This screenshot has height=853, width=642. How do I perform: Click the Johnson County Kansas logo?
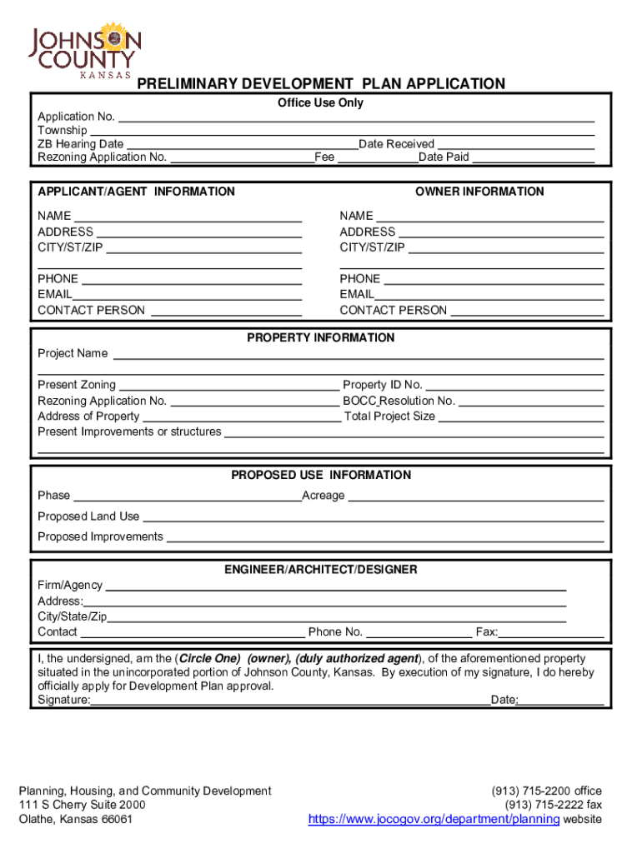coord(84,51)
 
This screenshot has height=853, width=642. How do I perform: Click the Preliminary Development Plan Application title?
coord(321,84)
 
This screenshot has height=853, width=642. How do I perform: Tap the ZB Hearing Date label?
coord(81,144)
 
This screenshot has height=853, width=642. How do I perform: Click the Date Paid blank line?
coord(533,157)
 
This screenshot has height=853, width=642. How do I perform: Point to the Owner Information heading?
coord(479,192)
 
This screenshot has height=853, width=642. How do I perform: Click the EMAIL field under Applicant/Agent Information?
coord(187,294)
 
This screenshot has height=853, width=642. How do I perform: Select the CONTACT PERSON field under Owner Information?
coord(526,311)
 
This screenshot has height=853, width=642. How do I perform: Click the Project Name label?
coord(73,354)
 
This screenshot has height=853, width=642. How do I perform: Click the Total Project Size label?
coord(389,417)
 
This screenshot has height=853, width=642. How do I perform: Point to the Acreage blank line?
coord(475,496)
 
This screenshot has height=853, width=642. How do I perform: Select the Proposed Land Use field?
coord(373,516)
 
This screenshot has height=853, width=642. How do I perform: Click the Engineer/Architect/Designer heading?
coord(321,570)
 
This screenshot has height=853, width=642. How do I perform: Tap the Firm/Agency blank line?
coord(336,586)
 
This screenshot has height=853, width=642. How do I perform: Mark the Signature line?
coord(290,701)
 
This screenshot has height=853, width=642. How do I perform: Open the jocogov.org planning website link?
coord(434,820)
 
